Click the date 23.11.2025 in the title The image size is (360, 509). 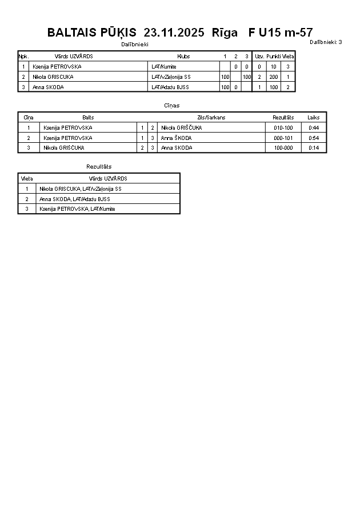click(x=174, y=33)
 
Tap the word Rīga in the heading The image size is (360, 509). click(x=225, y=33)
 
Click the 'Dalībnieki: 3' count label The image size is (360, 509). click(x=326, y=42)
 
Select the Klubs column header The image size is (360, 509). click(x=183, y=57)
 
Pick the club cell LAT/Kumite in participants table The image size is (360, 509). click(x=164, y=67)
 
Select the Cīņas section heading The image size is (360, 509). click(x=171, y=106)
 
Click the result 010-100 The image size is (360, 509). click(x=283, y=128)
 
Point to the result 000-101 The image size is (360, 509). click(x=283, y=138)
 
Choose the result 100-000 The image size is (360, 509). click(x=283, y=148)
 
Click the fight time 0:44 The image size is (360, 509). click(x=314, y=128)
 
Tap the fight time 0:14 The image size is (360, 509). click(x=314, y=148)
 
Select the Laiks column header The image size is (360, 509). click(x=314, y=117)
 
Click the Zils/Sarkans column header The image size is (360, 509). click(x=211, y=117)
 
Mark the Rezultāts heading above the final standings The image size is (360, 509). click(x=99, y=166)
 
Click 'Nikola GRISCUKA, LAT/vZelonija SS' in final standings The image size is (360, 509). click(x=80, y=189)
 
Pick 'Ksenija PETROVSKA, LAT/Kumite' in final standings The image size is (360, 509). click(x=77, y=209)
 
